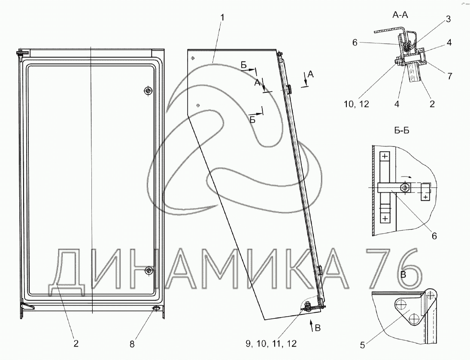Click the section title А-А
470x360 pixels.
(400, 15)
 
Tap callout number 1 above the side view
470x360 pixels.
(222, 18)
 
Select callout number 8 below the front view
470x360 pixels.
(132, 344)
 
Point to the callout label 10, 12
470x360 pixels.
(356, 104)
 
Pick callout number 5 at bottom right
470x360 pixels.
(362, 345)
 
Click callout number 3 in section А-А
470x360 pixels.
(448, 19)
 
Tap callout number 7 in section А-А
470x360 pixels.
(449, 76)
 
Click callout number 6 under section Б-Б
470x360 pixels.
(434, 236)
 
